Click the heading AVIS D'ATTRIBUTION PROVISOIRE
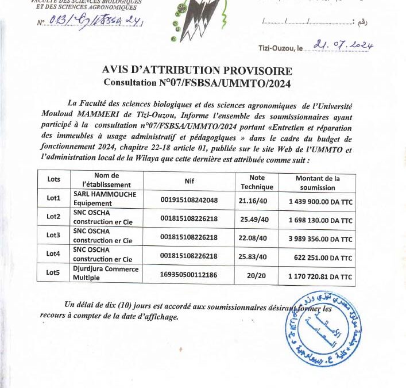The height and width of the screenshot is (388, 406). click(197, 71)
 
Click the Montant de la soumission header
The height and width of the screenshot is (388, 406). click(317, 182)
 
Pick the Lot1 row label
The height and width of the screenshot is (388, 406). click(53, 198)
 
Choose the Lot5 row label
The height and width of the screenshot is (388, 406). click(53, 273)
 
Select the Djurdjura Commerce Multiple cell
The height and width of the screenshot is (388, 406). click(106, 273)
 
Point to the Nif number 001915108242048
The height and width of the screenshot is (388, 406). click(189, 199)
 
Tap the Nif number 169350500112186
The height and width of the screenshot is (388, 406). click(189, 274)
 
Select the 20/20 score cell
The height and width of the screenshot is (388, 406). click(253, 274)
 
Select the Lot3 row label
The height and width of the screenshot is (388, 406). click(53, 235)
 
